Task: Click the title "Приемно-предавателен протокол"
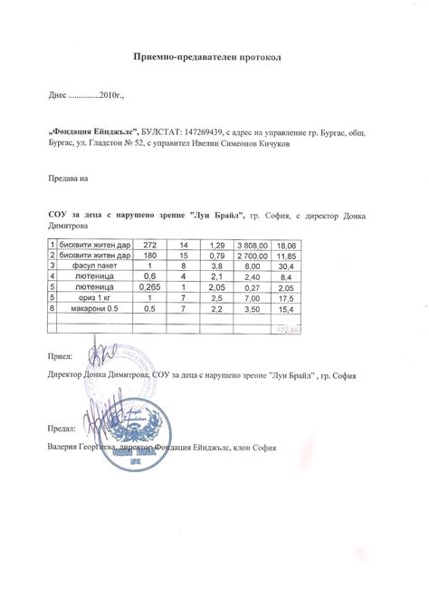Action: tap(214, 56)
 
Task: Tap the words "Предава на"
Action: tap(65, 179)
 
